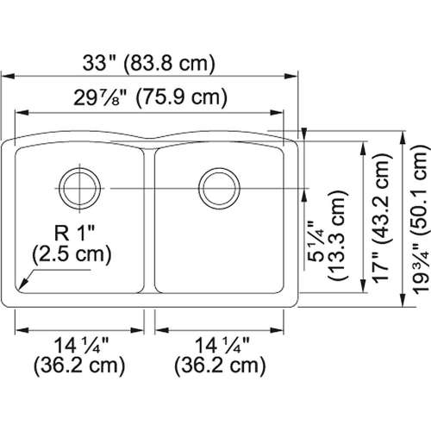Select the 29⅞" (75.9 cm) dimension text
pos(152,98)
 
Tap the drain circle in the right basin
pos(215,184)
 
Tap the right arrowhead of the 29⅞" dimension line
pos(281,112)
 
